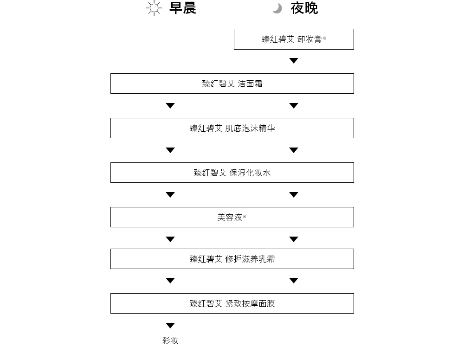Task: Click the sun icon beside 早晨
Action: (x=154, y=8)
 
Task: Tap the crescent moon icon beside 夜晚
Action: (x=277, y=8)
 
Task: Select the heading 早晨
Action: (x=182, y=8)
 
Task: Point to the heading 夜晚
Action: (x=304, y=8)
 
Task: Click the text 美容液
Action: (x=230, y=218)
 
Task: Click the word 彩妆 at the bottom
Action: (x=170, y=341)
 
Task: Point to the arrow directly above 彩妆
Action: (x=170, y=325)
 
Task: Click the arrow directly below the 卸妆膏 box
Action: (x=294, y=61)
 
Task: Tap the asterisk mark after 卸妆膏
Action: (x=324, y=38)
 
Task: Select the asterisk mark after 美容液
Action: (x=245, y=216)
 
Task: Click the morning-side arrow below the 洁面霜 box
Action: (x=170, y=106)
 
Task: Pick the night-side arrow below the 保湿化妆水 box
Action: (x=294, y=195)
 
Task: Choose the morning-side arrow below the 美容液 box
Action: (x=170, y=239)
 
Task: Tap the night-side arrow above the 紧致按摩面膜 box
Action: (x=294, y=280)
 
